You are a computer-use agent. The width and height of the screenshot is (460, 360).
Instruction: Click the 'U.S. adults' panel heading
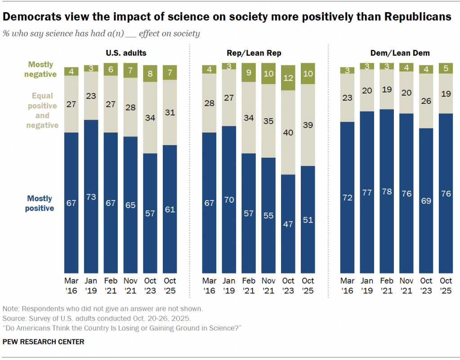(x=126, y=53)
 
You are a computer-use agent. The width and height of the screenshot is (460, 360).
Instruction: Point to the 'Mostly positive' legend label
(x=40, y=203)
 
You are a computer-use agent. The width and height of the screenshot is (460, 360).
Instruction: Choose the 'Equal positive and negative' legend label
(x=43, y=111)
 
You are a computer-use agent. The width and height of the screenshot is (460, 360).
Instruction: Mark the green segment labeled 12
(x=288, y=78)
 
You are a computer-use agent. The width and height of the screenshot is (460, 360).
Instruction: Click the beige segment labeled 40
(x=288, y=133)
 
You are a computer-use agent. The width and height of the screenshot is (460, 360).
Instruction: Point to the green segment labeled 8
(x=150, y=74)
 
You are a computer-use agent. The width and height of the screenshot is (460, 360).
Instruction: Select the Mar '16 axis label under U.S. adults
(x=71, y=285)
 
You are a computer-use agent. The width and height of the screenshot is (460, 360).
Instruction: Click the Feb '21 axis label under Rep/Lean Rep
(x=249, y=285)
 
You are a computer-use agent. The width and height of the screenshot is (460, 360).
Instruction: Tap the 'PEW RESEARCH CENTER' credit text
(x=43, y=342)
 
